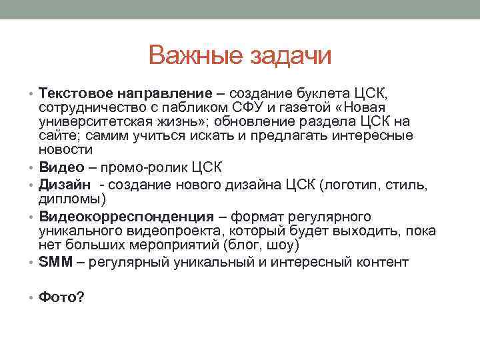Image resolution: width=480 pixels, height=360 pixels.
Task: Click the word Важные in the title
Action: click(x=195, y=56)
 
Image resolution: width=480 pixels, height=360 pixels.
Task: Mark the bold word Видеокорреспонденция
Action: click(x=127, y=217)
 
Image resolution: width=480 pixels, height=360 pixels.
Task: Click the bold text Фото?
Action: click(x=61, y=297)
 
